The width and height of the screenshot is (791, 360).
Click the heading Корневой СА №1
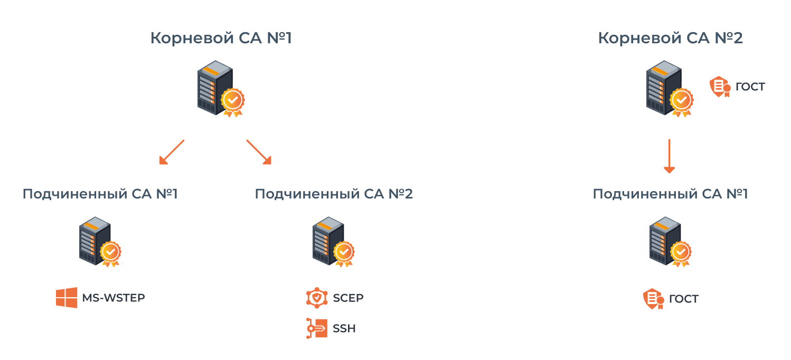(221, 39)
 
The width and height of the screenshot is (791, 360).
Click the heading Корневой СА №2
(670, 39)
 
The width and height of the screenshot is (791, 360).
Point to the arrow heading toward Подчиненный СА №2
(258, 152)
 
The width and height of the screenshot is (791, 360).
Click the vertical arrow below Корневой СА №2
(669, 156)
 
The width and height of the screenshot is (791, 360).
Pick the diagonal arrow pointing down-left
(172, 152)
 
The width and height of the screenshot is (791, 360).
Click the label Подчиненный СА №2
(334, 194)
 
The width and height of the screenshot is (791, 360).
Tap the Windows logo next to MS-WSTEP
(67, 298)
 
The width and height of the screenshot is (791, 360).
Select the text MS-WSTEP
(113, 298)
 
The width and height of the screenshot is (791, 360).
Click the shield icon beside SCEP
(317, 298)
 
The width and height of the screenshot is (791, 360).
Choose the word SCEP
(348, 298)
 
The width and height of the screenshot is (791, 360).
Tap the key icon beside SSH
(317, 328)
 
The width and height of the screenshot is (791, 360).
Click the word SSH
(344, 328)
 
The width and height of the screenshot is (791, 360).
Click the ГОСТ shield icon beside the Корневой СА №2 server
(719, 87)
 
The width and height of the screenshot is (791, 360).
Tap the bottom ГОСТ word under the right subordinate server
(683, 299)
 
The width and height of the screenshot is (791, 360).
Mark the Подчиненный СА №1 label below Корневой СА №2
(670, 194)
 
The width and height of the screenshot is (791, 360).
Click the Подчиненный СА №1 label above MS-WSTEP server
(100, 194)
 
